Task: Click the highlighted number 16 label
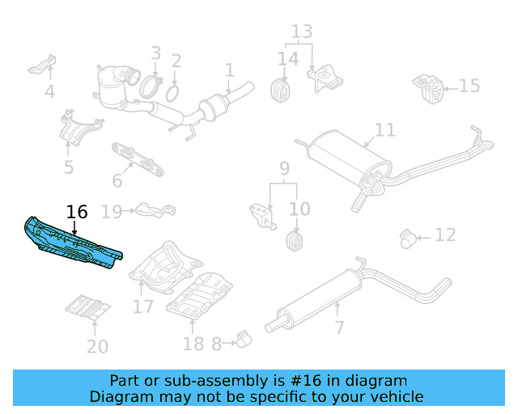pyautogui.click(x=77, y=212)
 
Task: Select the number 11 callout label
pyautogui.click(x=385, y=130)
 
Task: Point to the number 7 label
pyautogui.click(x=339, y=327)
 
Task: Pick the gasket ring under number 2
pyautogui.click(x=172, y=94)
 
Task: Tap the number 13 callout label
pyautogui.click(x=301, y=32)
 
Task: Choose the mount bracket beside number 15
pyautogui.click(x=427, y=87)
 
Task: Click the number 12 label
pyautogui.click(x=445, y=235)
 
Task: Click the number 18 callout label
pyautogui.click(x=193, y=344)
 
